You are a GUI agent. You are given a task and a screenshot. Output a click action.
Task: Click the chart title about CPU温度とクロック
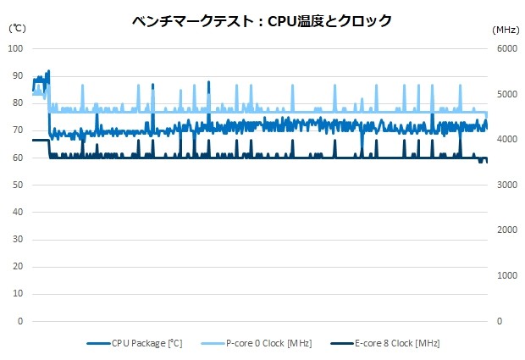pyautogui.click(x=262, y=21)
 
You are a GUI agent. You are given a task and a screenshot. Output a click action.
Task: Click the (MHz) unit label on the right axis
pyautogui.click(x=506, y=29)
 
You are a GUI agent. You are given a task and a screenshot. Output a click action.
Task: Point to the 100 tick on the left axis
pyautogui.click(x=14, y=48)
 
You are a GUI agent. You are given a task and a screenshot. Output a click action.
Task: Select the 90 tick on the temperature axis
pyautogui.click(x=17, y=75)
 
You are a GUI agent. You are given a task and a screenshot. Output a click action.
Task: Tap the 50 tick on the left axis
pyautogui.click(x=17, y=185)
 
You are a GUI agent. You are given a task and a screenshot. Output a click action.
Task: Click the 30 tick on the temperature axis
pyautogui.click(x=17, y=240)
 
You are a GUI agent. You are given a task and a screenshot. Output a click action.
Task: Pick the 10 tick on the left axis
pyautogui.click(x=17, y=294)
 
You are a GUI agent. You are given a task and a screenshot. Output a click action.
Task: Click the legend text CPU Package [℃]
pyautogui.click(x=146, y=343)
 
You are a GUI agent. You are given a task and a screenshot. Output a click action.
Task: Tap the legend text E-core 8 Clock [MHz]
pyautogui.click(x=397, y=343)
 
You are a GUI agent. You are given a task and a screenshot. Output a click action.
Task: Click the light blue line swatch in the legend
pyautogui.click(x=213, y=343)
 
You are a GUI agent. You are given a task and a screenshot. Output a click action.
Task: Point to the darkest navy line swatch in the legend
pyautogui.click(x=339, y=343)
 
